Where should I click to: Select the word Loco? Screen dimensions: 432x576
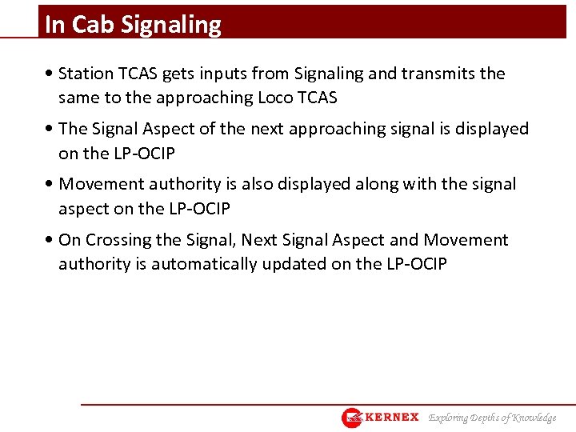click(x=278, y=98)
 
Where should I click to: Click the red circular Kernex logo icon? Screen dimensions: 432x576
click(x=353, y=418)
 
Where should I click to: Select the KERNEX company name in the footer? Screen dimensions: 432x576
click(x=392, y=417)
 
